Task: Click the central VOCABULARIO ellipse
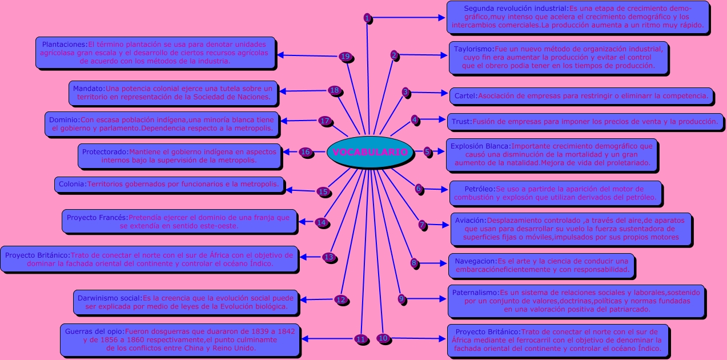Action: click(370, 153)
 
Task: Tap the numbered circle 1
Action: click(367, 18)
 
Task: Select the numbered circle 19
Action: click(344, 57)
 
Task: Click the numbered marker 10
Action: click(383, 338)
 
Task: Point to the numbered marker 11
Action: click(360, 339)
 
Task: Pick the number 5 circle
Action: click(427, 152)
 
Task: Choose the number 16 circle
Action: click(306, 152)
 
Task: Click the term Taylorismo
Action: click(473, 49)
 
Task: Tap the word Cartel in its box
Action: click(465, 96)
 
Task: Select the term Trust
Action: click(461, 122)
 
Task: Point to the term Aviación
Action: click(470, 220)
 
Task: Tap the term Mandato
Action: click(89, 89)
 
